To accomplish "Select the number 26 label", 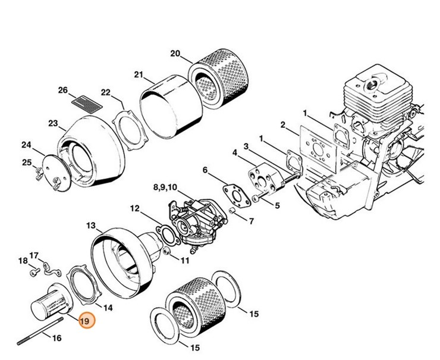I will coord(64,90).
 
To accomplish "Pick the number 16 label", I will coord(57,339).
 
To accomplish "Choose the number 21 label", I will coord(139,74).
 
